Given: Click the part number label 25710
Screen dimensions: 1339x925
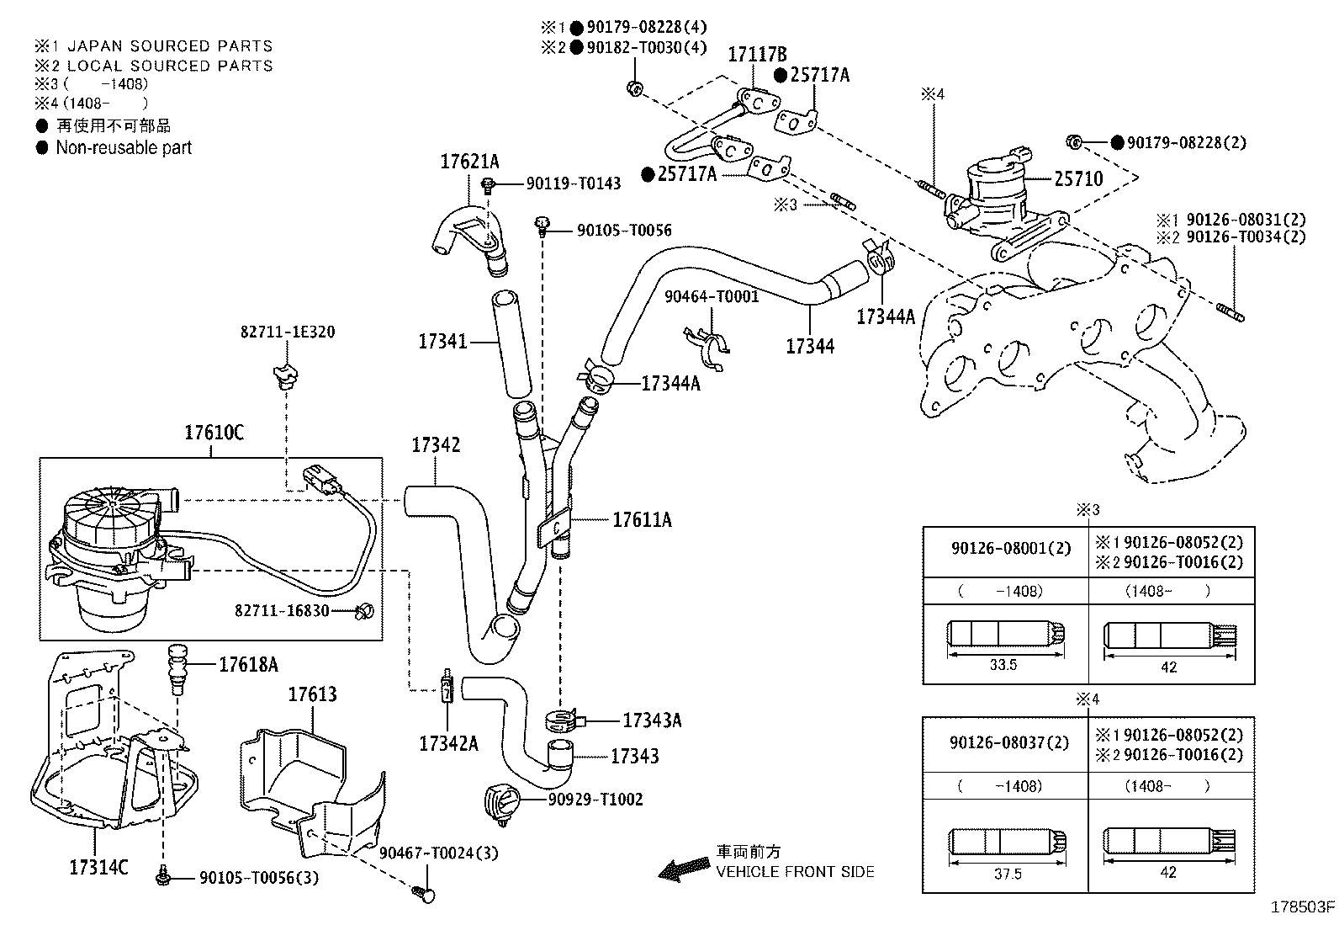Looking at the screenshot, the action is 1078,178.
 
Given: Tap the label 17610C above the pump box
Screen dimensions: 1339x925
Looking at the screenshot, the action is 214,432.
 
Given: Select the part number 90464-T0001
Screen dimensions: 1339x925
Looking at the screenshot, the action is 712,296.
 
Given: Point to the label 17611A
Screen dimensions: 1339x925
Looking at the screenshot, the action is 642,519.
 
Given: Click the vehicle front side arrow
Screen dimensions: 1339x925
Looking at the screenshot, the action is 684,869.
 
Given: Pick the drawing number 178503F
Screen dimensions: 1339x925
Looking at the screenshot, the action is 1303,907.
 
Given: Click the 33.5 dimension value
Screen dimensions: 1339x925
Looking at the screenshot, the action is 1003,665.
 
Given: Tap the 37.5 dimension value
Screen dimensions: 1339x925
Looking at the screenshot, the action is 1008,874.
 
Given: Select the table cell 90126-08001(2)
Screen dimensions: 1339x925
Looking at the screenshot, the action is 1011,548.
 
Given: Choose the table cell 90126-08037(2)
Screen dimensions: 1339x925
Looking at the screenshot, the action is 1009,742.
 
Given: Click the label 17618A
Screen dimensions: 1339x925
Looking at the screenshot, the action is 249,664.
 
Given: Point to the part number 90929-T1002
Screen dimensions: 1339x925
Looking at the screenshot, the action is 595,800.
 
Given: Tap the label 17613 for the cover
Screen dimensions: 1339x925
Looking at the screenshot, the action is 313,694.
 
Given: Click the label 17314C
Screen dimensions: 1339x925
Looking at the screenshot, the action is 98,867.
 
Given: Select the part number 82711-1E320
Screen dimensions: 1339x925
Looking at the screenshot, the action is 288,332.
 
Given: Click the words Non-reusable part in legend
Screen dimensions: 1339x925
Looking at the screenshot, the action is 124,148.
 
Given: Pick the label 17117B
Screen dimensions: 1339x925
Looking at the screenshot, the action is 757,55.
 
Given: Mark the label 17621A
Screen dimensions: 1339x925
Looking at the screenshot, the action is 469,162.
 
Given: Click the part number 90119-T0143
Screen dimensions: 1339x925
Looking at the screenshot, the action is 574,183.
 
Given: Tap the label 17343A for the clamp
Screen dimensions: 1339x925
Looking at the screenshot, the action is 652,720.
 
